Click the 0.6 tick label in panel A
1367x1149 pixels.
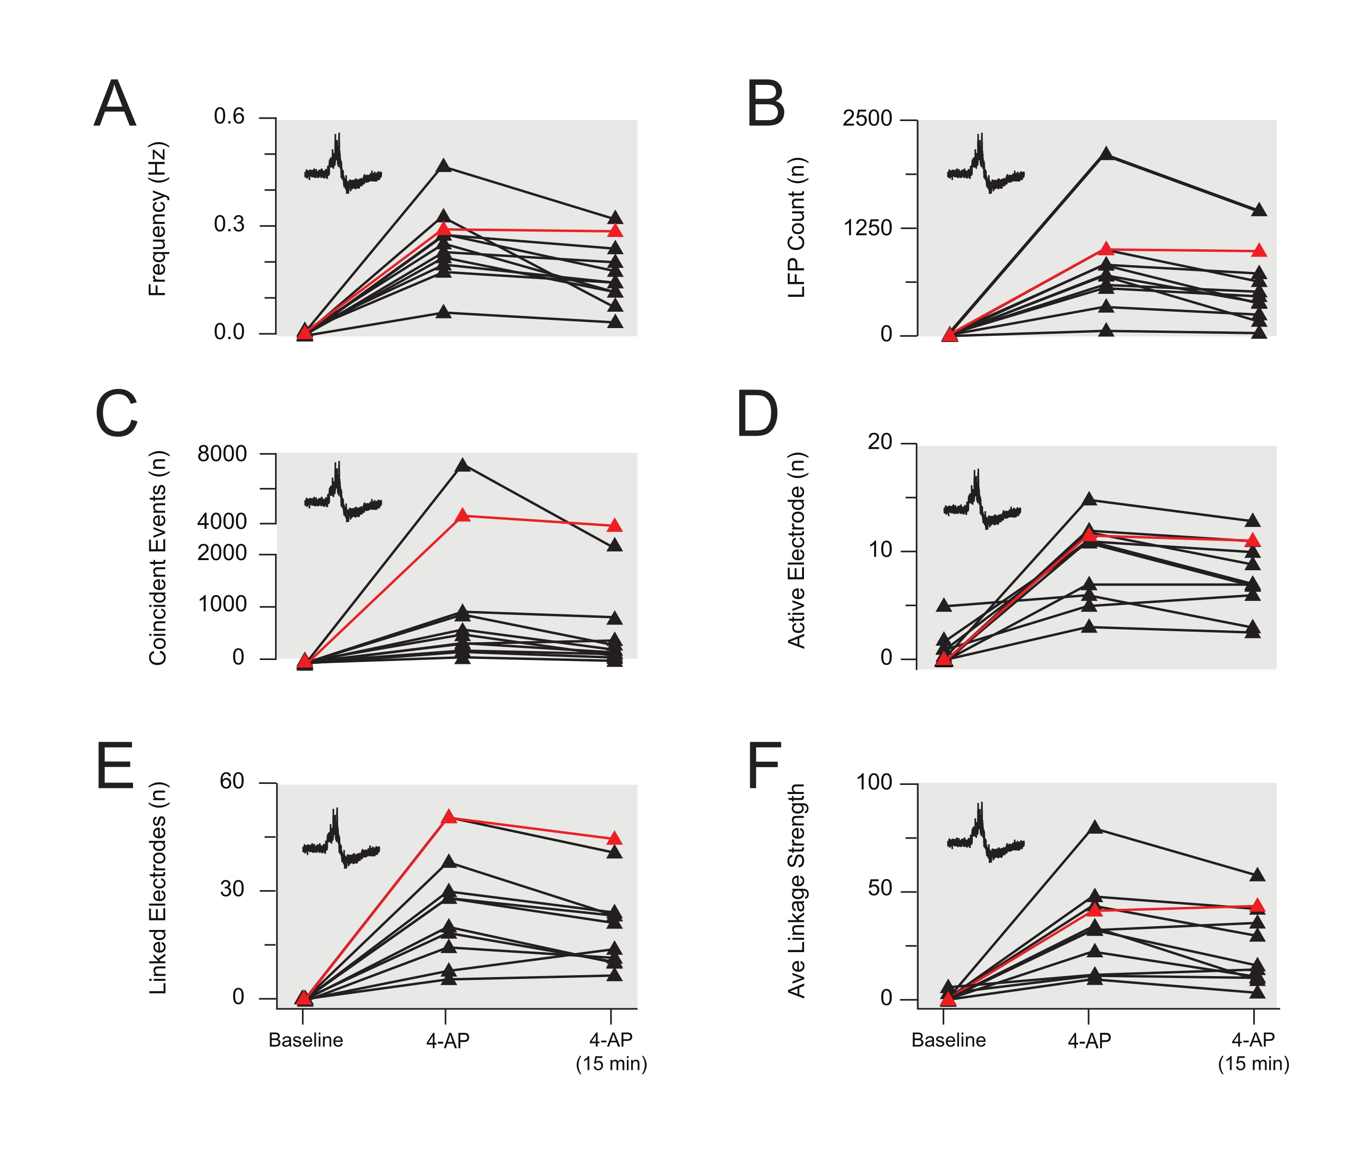tap(229, 117)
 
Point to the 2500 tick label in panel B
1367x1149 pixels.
tap(867, 119)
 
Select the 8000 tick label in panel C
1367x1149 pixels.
tap(222, 453)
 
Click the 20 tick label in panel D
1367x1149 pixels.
tap(879, 442)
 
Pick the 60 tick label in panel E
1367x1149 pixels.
tap(232, 781)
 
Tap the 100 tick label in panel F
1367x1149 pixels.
tap(874, 782)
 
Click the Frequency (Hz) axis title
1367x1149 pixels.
tap(157, 219)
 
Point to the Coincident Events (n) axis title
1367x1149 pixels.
tap(157, 558)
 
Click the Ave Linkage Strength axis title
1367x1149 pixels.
tap(797, 891)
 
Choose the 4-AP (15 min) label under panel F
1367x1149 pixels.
tap(1253, 1051)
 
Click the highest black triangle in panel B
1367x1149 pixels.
tap(1106, 154)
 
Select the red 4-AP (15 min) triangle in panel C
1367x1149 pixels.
tap(614, 525)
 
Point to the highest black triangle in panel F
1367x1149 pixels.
tap(1095, 828)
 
